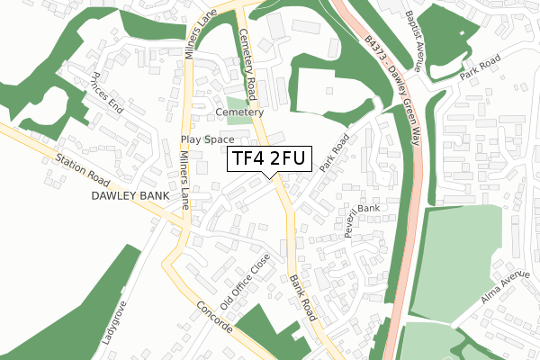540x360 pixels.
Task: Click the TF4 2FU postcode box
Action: tap(269, 158)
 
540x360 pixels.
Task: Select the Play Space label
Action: tap(207, 139)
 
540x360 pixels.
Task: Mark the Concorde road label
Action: tap(213, 316)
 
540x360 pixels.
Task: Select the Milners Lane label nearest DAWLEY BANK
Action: tap(184, 180)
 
